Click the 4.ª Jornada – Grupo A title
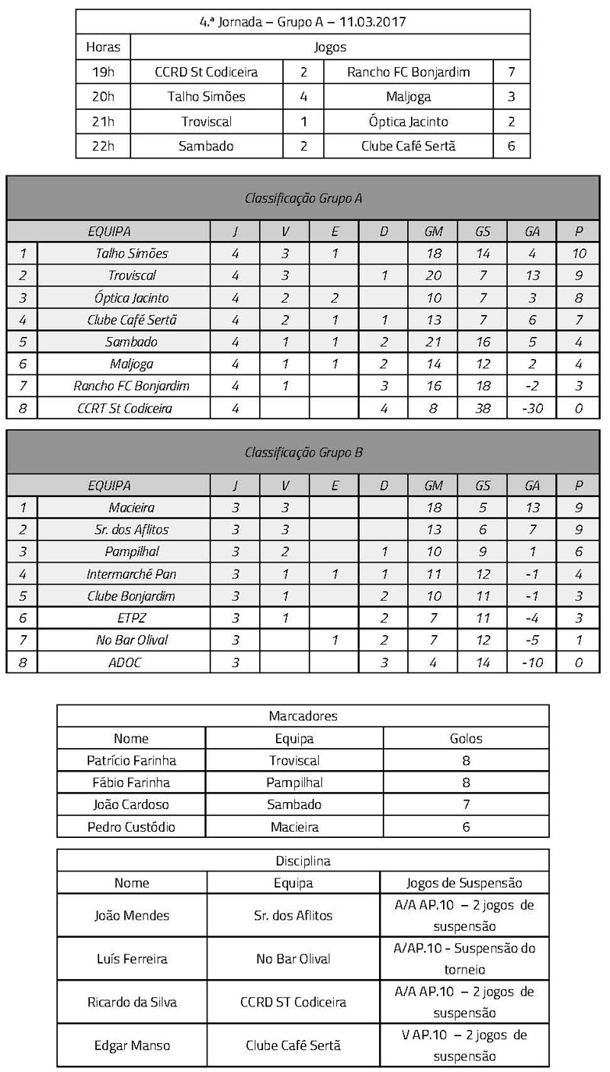[x=303, y=21]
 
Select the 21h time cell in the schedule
[x=103, y=121]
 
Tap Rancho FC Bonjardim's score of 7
[x=511, y=72]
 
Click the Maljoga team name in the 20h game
[x=408, y=97]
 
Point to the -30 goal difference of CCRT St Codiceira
[x=532, y=408]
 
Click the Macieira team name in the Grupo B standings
[x=131, y=508]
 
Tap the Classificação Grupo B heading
[x=303, y=452]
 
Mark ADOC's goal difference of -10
[x=532, y=663]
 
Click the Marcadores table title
[x=303, y=716]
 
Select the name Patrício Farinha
[x=131, y=760]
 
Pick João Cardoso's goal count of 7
[x=466, y=804]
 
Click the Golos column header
[x=466, y=738]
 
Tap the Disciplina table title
[x=303, y=861]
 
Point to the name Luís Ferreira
[x=131, y=959]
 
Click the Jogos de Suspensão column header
[x=465, y=883]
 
